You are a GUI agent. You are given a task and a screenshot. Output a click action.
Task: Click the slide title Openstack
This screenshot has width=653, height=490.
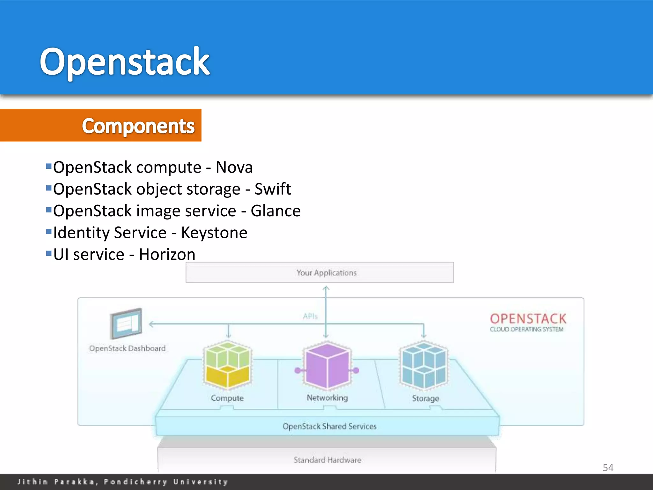pyautogui.click(x=124, y=61)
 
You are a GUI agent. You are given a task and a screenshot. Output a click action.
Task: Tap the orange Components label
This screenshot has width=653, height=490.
pyautogui.click(x=138, y=126)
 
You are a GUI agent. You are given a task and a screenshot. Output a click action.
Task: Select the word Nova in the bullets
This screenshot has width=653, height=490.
pyautogui.click(x=234, y=167)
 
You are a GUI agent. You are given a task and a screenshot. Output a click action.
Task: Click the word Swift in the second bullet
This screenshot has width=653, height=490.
pyautogui.click(x=273, y=189)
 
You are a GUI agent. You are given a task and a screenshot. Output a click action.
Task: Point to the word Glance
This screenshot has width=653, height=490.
pyautogui.click(x=275, y=211)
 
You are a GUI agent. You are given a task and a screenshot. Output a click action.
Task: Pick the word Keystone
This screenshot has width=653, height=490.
pyautogui.click(x=214, y=233)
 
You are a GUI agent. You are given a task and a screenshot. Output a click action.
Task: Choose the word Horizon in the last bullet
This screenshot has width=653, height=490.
pyautogui.click(x=167, y=255)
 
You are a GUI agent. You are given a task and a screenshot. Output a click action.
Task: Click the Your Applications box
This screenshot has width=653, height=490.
pyautogui.click(x=319, y=272)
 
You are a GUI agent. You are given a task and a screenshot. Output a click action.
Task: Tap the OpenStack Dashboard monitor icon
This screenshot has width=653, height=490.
pyautogui.click(x=126, y=323)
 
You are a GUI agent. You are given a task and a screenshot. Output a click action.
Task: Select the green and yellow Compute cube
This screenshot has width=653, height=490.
pyautogui.click(x=227, y=365)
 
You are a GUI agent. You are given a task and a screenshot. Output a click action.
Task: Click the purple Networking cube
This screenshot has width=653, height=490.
pyautogui.click(x=327, y=365)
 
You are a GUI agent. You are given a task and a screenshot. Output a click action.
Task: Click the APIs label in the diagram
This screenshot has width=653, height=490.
pyautogui.click(x=310, y=316)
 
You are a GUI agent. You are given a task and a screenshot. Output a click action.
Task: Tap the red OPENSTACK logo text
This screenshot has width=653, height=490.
pyautogui.click(x=528, y=319)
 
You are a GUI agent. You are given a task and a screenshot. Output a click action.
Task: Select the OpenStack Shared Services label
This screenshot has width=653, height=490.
pyautogui.click(x=329, y=426)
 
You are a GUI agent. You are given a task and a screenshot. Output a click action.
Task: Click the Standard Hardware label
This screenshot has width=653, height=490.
pyautogui.click(x=327, y=460)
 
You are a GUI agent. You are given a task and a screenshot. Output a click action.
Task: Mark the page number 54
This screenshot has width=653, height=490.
pyautogui.click(x=608, y=468)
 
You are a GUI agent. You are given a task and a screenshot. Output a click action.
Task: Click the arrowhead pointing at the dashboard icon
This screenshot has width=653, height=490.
pyautogui.click(x=151, y=324)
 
